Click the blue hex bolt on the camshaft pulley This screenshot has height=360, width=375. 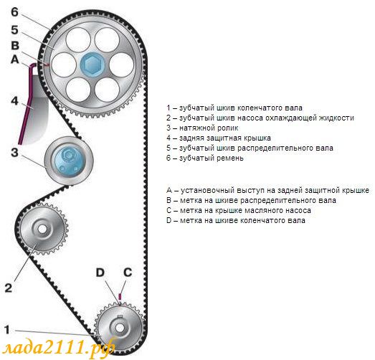[x=92, y=65]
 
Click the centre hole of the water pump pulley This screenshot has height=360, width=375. [x=42, y=229]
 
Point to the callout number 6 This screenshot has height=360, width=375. [x=14, y=12]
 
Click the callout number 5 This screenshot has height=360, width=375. [x=14, y=30]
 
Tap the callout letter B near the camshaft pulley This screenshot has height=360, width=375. [x=15, y=45]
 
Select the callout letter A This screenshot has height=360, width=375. [x=15, y=59]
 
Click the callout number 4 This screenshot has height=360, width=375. [x=14, y=100]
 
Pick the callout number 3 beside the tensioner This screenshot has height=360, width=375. [x=14, y=152]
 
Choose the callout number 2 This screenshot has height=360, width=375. [x=9, y=288]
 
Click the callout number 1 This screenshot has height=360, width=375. [x=7, y=330]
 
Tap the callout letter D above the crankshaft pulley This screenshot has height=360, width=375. [x=100, y=273]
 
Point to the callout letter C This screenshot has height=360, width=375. [x=128, y=273]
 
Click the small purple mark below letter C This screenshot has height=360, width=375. [x=120, y=296]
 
